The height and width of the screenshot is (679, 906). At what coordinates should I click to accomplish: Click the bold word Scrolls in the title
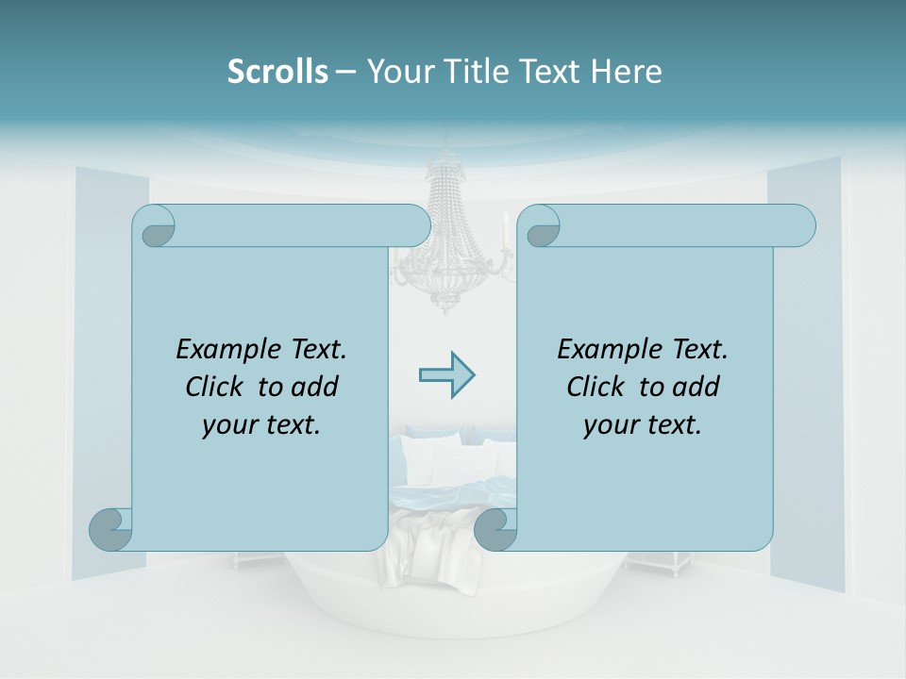pos(278,72)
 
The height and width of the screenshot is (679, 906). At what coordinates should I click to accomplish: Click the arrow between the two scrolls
pos(446,375)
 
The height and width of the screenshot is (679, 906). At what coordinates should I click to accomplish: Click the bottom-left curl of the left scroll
pos(110,529)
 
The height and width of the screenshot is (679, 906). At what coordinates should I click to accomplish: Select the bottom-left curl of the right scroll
pos(495,529)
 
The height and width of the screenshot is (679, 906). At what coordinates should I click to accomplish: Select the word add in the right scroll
pos(697,387)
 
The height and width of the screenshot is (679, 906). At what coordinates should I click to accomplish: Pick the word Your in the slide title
pos(398,72)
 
